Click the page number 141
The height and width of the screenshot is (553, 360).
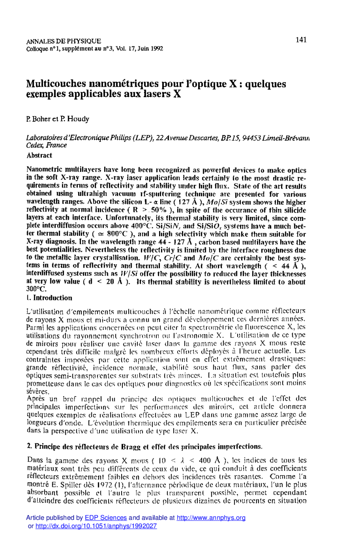[x=301, y=39]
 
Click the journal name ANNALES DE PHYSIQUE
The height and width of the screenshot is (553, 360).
[x=63, y=41]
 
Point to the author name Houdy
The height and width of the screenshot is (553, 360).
[x=78, y=119]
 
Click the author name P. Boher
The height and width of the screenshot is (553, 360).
[x=39, y=119]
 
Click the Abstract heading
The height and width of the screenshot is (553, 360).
[x=39, y=155]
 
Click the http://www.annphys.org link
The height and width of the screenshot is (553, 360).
[x=211, y=518]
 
